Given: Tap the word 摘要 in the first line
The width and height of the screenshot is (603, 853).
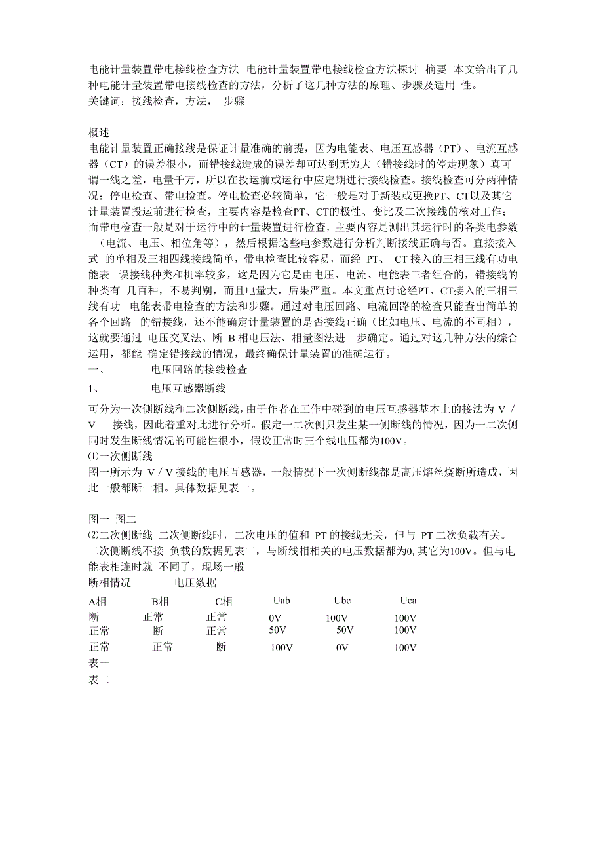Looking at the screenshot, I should pos(436,70).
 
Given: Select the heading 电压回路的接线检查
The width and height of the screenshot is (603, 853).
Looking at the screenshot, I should pos(199,370).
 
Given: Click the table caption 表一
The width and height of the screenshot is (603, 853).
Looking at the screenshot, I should pos(99,663).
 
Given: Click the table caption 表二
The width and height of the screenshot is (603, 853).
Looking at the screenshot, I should pos(99,680).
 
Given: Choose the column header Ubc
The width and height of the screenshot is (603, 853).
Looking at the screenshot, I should pos(343,600).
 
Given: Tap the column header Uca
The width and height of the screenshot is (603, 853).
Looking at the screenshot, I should pos(408,600).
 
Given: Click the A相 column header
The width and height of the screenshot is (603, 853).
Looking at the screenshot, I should pos(97,601).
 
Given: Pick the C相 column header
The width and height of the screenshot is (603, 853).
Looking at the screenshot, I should pos(224,601).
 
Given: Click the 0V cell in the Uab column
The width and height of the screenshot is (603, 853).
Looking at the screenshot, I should pos(275,618).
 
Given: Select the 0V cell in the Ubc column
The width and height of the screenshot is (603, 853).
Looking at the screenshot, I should pos(342,648).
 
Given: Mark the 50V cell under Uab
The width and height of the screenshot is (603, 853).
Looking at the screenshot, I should pos(278,630).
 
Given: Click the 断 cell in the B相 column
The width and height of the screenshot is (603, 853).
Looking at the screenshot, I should pos(158,631).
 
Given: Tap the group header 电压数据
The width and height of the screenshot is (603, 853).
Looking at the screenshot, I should pos(195,582).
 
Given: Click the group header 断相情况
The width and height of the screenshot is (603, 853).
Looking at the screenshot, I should pos(109,582).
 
